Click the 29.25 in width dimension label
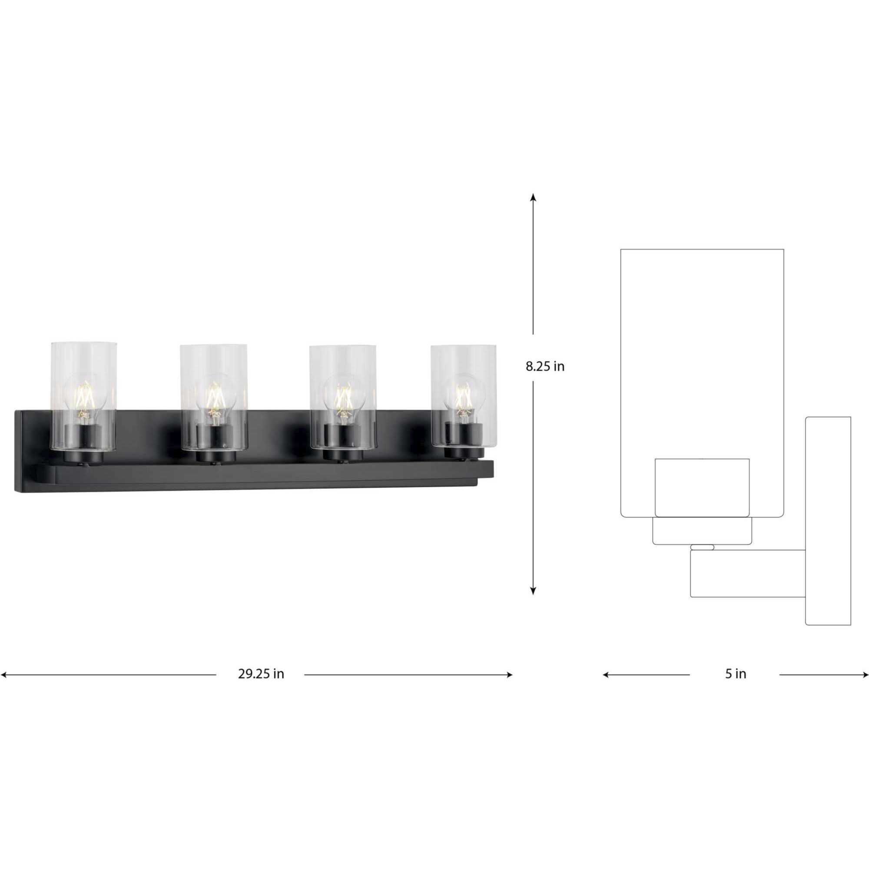[x=261, y=674]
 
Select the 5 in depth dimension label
[x=736, y=674]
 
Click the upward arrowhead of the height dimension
[x=533, y=197]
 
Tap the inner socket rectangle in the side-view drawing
[x=702, y=488]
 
